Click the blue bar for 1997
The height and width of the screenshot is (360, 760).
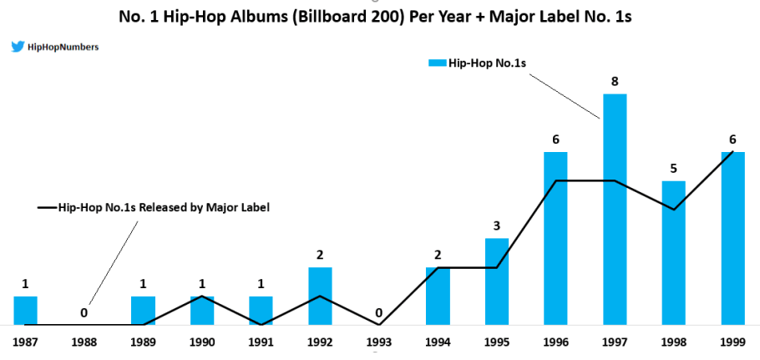tap(615, 209)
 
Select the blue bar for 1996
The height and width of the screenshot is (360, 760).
tap(556, 238)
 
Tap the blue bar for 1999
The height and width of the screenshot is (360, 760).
tap(732, 238)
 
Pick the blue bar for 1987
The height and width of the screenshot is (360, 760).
tap(26, 310)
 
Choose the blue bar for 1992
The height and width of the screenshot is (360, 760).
tap(320, 296)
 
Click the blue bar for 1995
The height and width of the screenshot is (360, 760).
tap(497, 281)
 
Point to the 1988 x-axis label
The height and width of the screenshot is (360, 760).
tap(84, 341)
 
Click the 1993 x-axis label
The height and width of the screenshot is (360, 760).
tap(378, 341)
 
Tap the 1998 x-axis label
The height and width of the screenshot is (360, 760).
tap(673, 341)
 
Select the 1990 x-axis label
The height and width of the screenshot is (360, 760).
tap(202, 341)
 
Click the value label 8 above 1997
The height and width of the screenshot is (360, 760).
tap(615, 81)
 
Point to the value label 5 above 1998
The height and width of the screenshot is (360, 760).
tap(673, 168)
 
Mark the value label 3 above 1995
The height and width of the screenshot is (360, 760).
tap(497, 226)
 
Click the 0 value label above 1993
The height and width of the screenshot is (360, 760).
tap(379, 313)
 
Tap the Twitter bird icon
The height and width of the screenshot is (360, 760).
tap(17, 48)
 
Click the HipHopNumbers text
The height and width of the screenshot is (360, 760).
tap(63, 48)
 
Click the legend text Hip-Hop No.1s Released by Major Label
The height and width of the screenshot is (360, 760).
tap(164, 206)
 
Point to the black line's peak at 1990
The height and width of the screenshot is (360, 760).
tap(202, 297)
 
